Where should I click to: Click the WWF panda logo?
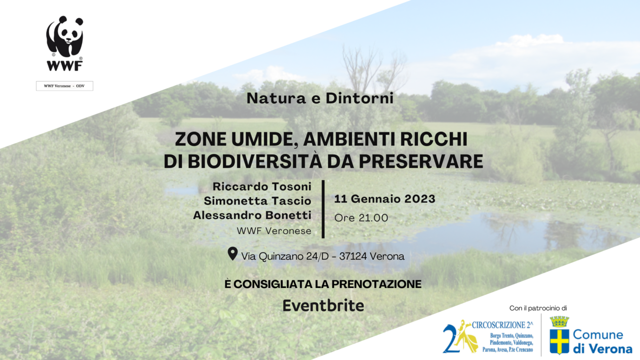point(65,43)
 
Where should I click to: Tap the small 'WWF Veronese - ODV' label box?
point(64,86)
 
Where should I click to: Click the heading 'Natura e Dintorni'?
point(320,98)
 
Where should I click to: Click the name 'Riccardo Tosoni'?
point(262,186)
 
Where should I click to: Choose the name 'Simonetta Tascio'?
point(257,201)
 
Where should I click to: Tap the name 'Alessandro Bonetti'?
point(252,215)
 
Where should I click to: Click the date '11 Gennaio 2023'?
point(384,199)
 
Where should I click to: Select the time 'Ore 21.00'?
point(361,218)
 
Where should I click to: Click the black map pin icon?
point(232,254)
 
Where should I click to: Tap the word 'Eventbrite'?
point(323,306)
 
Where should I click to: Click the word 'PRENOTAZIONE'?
point(376,284)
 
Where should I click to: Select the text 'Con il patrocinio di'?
point(538,308)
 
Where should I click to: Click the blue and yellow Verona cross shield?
point(560,342)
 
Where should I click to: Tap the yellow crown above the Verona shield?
point(560,322)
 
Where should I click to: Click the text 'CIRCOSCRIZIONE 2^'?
point(502,325)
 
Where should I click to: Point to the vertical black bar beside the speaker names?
point(323,209)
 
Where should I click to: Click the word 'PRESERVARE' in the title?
point(421,161)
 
